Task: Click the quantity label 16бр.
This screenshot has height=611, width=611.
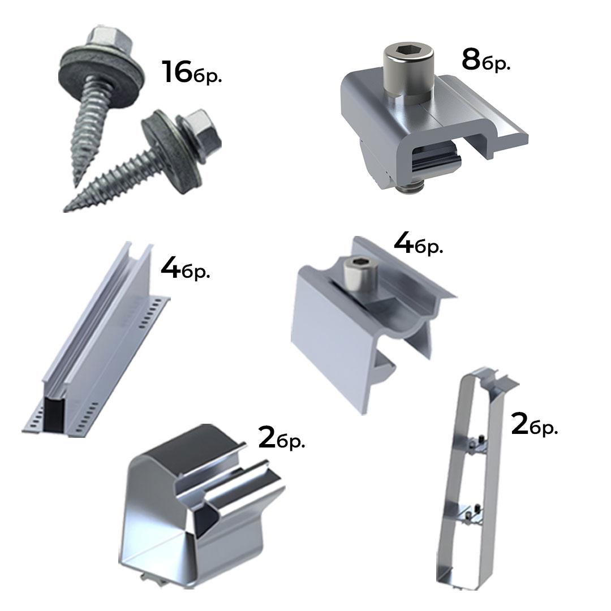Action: (191, 72)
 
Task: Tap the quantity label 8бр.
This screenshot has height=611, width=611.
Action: (486, 61)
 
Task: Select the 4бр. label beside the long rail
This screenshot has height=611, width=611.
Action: (186, 268)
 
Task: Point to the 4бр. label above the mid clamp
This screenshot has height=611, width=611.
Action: (419, 244)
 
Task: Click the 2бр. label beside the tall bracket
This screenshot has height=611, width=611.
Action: (534, 425)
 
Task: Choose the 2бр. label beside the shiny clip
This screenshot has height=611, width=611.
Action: (281, 438)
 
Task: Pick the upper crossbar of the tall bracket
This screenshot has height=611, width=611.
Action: (471, 444)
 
